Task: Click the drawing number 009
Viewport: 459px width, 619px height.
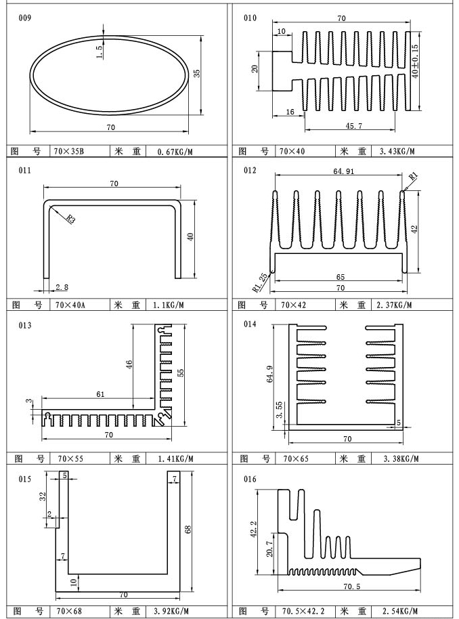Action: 24,18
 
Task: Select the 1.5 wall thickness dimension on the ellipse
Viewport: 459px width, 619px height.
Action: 99,51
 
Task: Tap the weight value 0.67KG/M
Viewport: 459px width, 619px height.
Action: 175,151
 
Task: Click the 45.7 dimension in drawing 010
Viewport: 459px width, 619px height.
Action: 353,126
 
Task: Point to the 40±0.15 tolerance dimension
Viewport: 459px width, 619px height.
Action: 414,61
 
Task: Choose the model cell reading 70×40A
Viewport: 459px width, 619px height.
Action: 70,305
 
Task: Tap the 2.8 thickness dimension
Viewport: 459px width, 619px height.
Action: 62,287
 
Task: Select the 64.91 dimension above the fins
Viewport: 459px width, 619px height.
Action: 343,171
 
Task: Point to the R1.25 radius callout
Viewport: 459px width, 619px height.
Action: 260,282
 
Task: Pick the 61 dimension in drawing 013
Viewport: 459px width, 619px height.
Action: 100,394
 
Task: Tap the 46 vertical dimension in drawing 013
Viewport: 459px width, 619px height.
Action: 129,364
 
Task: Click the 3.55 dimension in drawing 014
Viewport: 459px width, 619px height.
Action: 280,410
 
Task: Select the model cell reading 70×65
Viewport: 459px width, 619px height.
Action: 296,458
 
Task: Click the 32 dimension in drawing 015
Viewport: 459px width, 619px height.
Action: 43,496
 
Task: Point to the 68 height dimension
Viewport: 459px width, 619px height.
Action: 188,529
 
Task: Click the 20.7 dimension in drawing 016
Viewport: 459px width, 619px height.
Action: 269,549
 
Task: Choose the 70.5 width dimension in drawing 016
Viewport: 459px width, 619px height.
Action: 351,586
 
